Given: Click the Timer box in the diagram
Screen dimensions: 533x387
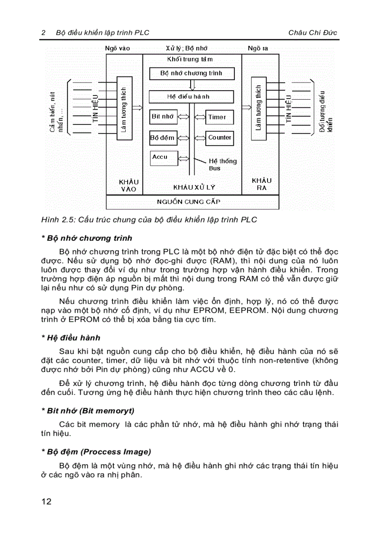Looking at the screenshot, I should click(217, 117).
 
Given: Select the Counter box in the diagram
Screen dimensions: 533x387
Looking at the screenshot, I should click(220, 138).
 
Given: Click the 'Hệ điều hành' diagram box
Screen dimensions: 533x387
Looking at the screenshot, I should click(191, 96).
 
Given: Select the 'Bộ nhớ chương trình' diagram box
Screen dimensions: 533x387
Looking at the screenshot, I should click(191, 74).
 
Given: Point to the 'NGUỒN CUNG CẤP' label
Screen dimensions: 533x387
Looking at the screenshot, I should click(189, 202).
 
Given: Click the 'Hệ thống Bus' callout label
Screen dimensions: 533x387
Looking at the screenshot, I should click(222, 165).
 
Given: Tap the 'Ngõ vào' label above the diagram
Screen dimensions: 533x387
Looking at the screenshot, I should click(118, 48).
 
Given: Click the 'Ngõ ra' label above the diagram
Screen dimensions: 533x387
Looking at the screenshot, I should click(258, 48).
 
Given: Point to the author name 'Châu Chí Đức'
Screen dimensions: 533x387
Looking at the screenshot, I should click(313, 33).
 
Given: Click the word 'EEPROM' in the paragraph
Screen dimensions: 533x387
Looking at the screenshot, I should click(281, 310).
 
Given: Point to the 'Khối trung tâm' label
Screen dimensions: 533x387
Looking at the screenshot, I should click(190, 59).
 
